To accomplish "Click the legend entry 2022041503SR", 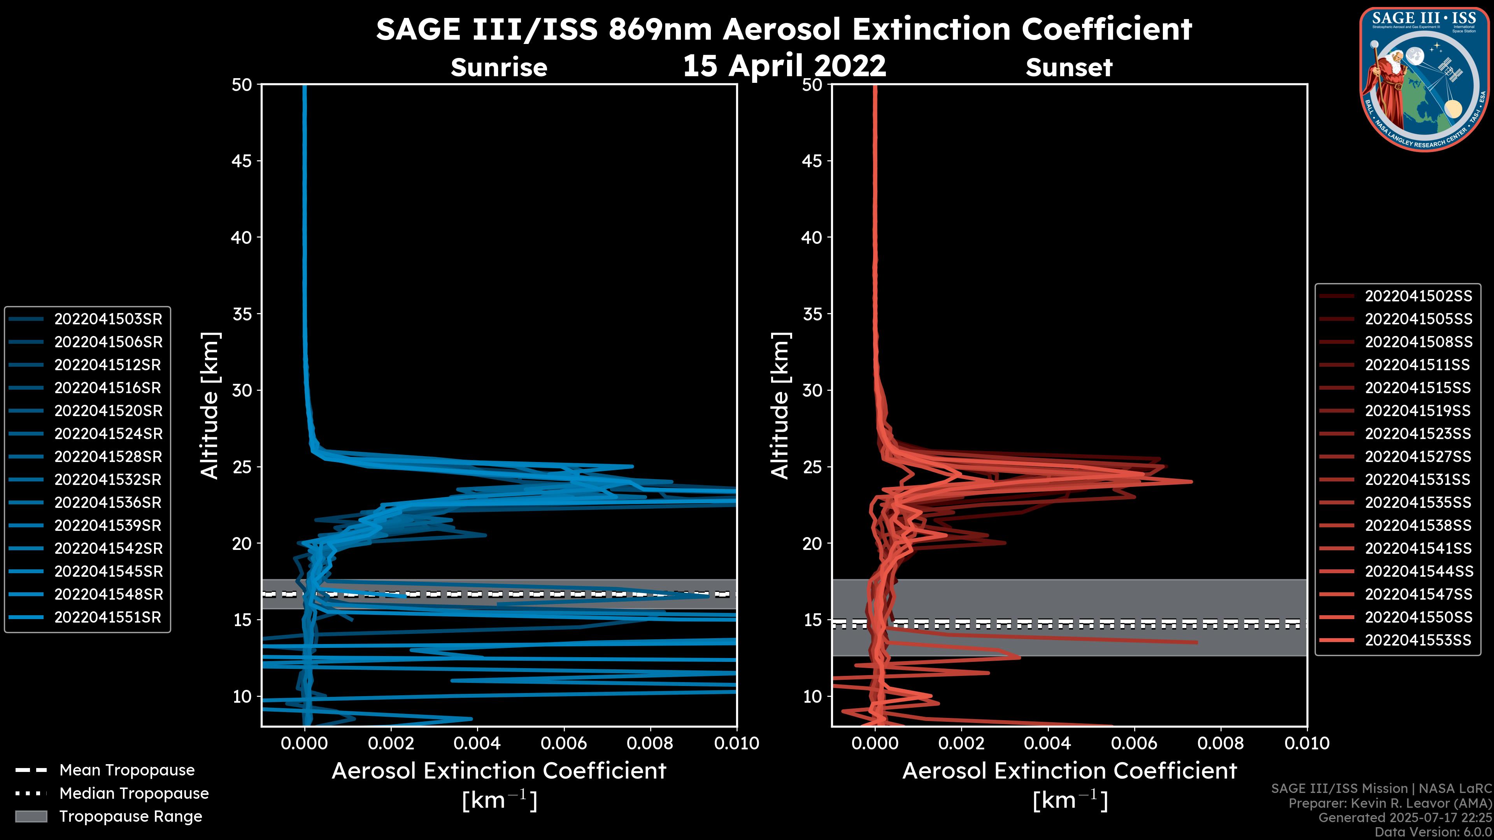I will [108, 319].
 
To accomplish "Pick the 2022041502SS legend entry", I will [1418, 296].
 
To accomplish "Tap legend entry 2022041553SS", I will [1418, 640].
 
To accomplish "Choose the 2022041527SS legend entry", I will [1418, 457].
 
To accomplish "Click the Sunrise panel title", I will [499, 67].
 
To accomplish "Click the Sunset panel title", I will [1069, 67].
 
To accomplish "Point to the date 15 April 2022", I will [784, 65].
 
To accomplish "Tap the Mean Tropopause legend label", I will [127, 770].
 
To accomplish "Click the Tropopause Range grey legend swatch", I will [31, 816].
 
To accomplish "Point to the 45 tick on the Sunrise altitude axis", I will [242, 161].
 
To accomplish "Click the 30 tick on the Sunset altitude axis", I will [812, 390].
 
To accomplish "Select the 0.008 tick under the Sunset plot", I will [1221, 743].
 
